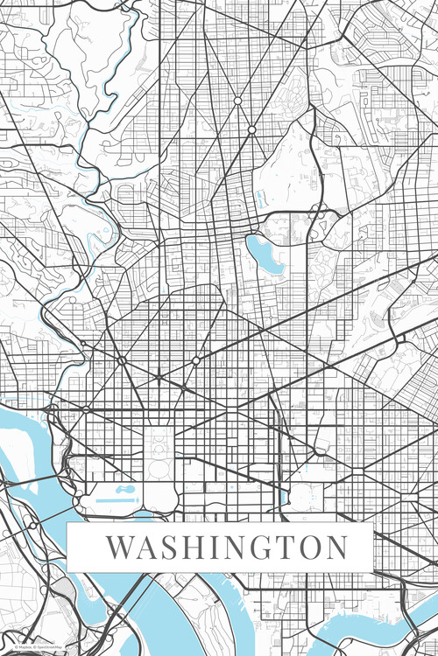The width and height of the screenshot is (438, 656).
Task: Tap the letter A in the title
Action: [148, 548]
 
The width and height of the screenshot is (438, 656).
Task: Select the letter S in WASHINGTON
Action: [171, 548]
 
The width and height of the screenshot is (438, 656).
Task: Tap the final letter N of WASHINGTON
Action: [334, 548]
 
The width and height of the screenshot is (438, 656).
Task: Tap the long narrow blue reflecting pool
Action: [110, 501]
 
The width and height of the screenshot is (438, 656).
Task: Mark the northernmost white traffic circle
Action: [237, 101]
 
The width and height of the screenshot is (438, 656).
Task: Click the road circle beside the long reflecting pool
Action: [78, 500]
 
